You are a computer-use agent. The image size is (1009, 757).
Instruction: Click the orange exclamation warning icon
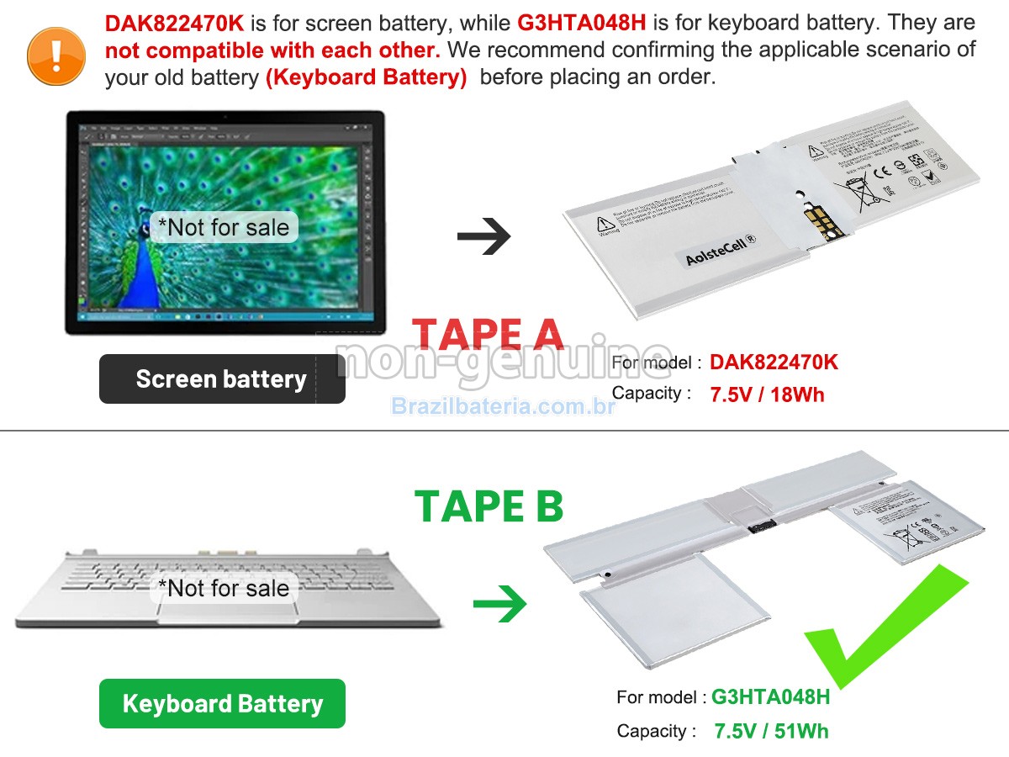[x=56, y=56]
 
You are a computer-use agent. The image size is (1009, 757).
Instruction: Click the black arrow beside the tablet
[x=483, y=236]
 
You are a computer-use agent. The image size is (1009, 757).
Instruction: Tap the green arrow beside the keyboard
[x=499, y=604]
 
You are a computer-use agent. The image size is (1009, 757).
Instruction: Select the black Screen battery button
[x=222, y=379]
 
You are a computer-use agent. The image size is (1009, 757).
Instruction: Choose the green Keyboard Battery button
[x=222, y=703]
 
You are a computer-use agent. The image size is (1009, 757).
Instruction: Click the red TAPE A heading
[x=488, y=334]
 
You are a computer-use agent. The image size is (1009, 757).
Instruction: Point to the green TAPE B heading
[x=489, y=506]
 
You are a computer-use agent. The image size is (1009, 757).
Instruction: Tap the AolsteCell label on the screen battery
[x=721, y=250]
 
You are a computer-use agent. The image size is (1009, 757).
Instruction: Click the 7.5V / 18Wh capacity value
[x=767, y=394]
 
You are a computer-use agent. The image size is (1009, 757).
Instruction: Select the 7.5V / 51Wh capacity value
[x=771, y=731]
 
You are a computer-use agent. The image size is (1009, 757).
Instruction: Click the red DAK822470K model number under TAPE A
[x=774, y=363]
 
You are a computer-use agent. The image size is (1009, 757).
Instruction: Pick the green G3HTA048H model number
[x=770, y=697]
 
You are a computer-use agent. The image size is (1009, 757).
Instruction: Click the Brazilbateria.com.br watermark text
[x=504, y=407]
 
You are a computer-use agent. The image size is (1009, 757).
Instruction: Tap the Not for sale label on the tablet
[x=224, y=227]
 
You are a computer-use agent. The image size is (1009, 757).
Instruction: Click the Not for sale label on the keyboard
[x=224, y=589]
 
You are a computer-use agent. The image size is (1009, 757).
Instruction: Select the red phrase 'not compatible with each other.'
[x=273, y=50]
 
